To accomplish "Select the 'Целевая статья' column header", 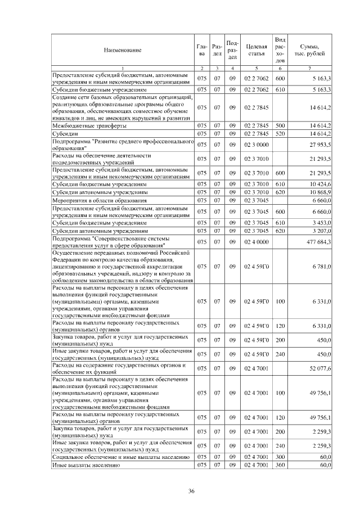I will coord(256,50).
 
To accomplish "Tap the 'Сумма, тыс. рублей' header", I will coord(310,50).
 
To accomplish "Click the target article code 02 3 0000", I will coord(256,145).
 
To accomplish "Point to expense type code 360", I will coord(280,466).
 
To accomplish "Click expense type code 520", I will coord(280,134).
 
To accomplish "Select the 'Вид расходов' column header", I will coord(280,50).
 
